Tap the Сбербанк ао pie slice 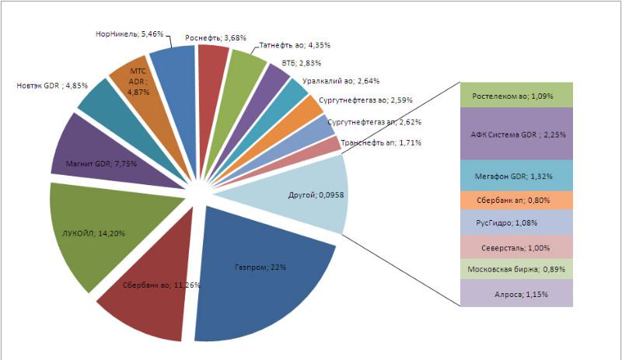(x=148, y=303)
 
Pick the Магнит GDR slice (x=97, y=156)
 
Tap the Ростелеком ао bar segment (x=516, y=96)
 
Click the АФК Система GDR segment (x=516, y=134)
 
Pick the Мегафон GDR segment (x=516, y=176)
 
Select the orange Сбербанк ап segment (x=516, y=201)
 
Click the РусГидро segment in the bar (x=516, y=222)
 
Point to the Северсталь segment (x=516, y=247)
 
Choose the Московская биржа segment (x=516, y=270)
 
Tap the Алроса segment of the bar (x=516, y=294)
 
